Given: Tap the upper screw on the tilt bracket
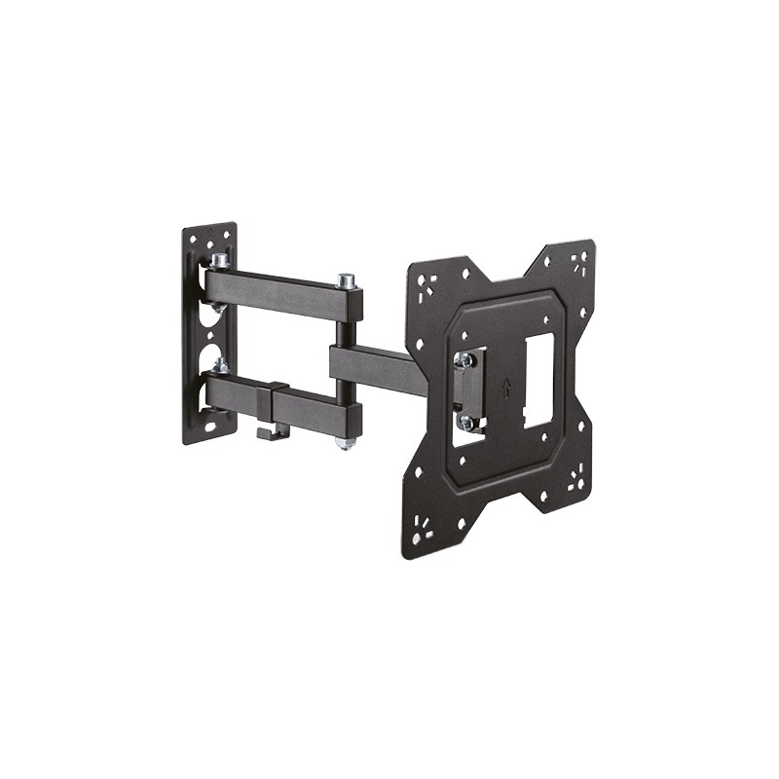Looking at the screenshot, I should pos(465,360).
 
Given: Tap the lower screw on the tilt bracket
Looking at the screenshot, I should pos(466,422).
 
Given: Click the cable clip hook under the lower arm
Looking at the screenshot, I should pos(272,429).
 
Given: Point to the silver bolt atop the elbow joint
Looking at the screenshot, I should pos(347,281).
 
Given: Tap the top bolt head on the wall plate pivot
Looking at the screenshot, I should pos(220,261).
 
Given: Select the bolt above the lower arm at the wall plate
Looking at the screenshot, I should pos(221,366).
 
